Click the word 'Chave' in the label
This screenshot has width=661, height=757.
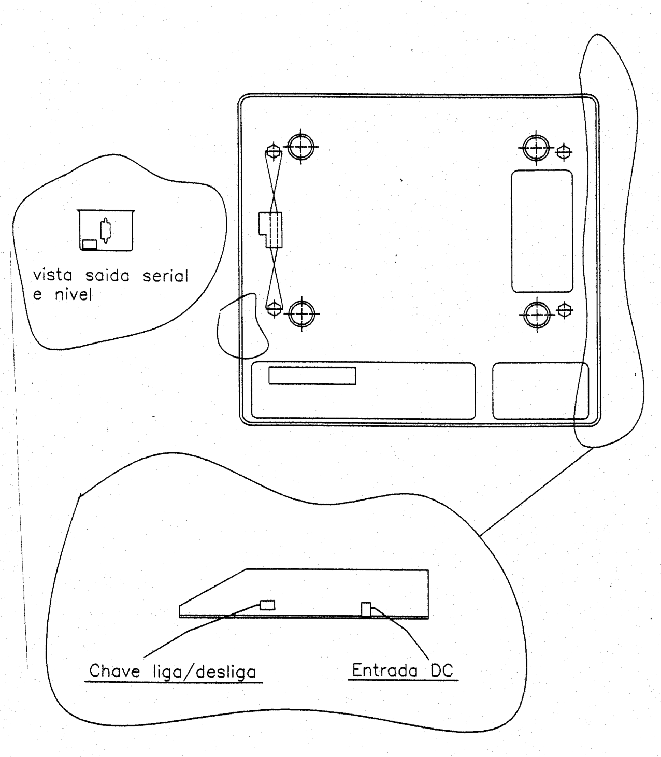[x=114, y=671]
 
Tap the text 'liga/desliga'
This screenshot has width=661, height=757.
[x=205, y=672]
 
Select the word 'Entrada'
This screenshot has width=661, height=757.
[x=385, y=670]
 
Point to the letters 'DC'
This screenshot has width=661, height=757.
[x=442, y=670]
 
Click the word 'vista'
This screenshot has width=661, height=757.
[x=52, y=275]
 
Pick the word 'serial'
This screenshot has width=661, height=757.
[x=166, y=276]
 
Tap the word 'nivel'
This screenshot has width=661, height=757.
[x=73, y=295]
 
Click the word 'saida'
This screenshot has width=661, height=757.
[x=108, y=276]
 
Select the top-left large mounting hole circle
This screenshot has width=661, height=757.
[x=301, y=147]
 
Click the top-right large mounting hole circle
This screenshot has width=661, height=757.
[x=536, y=148]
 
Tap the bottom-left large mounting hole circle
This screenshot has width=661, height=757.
[x=302, y=314]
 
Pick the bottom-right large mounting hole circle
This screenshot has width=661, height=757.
[x=537, y=315]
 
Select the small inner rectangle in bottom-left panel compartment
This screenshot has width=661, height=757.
[x=312, y=376]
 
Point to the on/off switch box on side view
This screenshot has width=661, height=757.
[x=267, y=605]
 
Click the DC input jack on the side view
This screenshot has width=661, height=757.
[x=366, y=609]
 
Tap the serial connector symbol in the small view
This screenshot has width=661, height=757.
[x=106, y=230]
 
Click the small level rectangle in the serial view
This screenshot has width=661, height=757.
[x=90, y=245]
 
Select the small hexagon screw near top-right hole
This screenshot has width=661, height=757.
[x=564, y=152]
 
